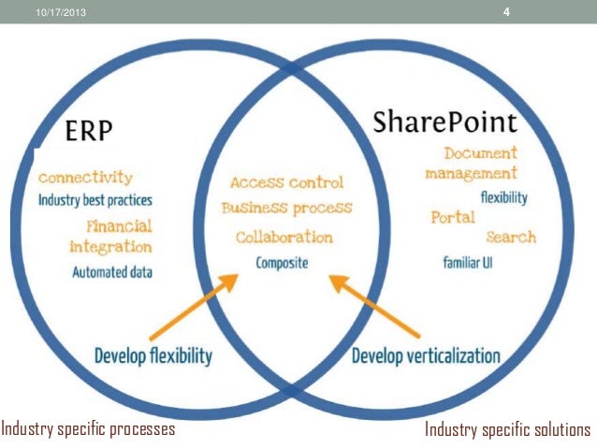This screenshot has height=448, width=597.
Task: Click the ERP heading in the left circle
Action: coord(89,133)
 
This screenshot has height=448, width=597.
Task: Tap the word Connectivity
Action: coord(85,177)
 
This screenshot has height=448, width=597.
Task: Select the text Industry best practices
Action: coord(95,200)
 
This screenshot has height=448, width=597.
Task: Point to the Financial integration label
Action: coord(110,237)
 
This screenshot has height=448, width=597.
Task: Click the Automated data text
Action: coord(112,272)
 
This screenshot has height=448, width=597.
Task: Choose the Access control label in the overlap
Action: coord(286,182)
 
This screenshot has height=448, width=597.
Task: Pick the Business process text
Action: coord(286,208)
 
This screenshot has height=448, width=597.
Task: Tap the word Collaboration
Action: coord(284,237)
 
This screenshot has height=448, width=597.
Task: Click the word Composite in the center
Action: coord(282,263)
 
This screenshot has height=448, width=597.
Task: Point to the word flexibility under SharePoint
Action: coord(503,197)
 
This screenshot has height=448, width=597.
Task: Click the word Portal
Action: coord(453,218)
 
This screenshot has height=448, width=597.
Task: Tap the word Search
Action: coord(511,237)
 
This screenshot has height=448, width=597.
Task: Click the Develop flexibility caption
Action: coord(153,355)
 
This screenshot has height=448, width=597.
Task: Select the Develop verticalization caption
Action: coord(425,355)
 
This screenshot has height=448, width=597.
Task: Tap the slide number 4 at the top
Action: coord(506,11)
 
